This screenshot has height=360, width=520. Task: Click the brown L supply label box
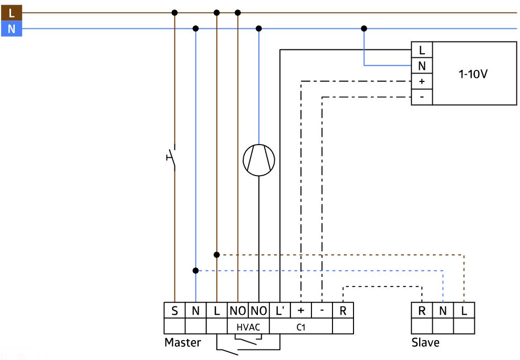coord(11,13)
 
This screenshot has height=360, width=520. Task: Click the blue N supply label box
coord(11,28)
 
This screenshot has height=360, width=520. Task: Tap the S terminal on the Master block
coord(174,311)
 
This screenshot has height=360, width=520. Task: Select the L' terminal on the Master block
coord(280,311)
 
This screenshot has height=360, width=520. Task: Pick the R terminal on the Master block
coord(343,311)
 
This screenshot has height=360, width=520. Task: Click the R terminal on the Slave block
coord(422,311)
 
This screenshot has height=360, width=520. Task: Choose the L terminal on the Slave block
coord(464,311)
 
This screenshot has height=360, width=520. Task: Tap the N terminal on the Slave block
coord(443,311)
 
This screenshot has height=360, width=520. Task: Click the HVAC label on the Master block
coord(248,327)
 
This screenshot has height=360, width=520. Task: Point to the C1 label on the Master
coord(301,327)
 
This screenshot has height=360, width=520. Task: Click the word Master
coord(183,343)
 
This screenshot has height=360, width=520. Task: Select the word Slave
coord(425,343)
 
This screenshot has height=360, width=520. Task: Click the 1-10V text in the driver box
coord(473,74)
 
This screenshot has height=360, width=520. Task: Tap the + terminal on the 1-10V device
coord(422,81)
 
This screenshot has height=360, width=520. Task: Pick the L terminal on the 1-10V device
coord(422,50)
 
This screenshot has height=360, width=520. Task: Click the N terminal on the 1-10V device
coord(422,66)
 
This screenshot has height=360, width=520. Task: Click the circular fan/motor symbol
coord(259,160)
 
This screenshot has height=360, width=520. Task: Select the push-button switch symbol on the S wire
coord(171,157)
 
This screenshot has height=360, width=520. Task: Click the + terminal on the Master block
coord(301,311)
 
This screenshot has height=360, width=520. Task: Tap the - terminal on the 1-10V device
coord(422,97)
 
